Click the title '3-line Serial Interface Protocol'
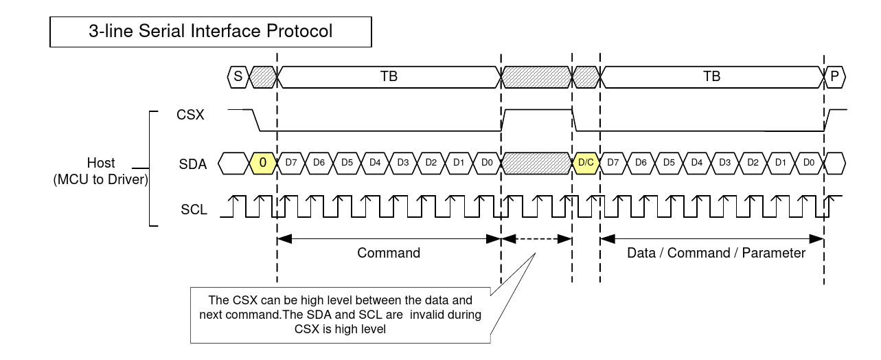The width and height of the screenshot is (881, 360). coord(211,31)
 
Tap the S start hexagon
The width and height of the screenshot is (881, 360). coord(237,77)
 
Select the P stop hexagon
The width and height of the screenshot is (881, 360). coord(834,77)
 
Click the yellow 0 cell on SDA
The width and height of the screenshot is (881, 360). coord(262,164)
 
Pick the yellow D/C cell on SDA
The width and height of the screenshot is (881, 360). coord(586,164)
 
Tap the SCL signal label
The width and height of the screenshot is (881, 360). coord(193,210)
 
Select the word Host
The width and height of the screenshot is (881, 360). coord(101,164)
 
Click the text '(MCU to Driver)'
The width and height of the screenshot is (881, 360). coord(100,180)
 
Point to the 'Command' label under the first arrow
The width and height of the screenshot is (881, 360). coord(389,253)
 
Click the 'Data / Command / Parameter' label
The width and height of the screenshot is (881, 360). coord(716,253)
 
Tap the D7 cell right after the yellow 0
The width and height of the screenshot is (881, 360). coord(290,164)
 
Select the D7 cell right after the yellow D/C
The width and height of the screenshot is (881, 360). coord(614,164)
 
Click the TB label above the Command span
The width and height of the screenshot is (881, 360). coord(389,77)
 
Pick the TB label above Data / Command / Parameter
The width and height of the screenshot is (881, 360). coord(712,77)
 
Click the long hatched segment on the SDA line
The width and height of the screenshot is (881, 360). coord(536,164)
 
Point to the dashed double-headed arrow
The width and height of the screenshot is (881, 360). coord(536,239)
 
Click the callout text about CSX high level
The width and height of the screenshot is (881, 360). coord(341,315)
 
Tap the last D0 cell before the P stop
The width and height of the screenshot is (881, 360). coord(809,164)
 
